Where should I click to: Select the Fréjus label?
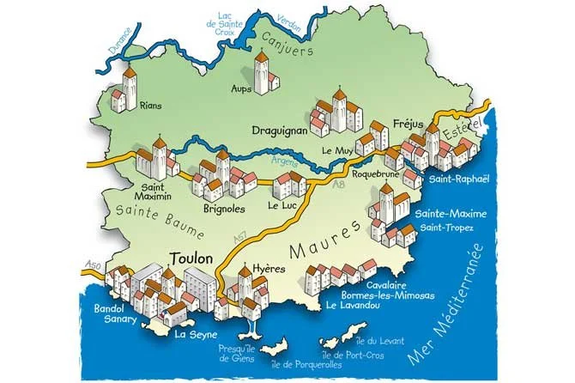click(409, 122)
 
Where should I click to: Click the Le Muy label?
click(339, 150)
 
